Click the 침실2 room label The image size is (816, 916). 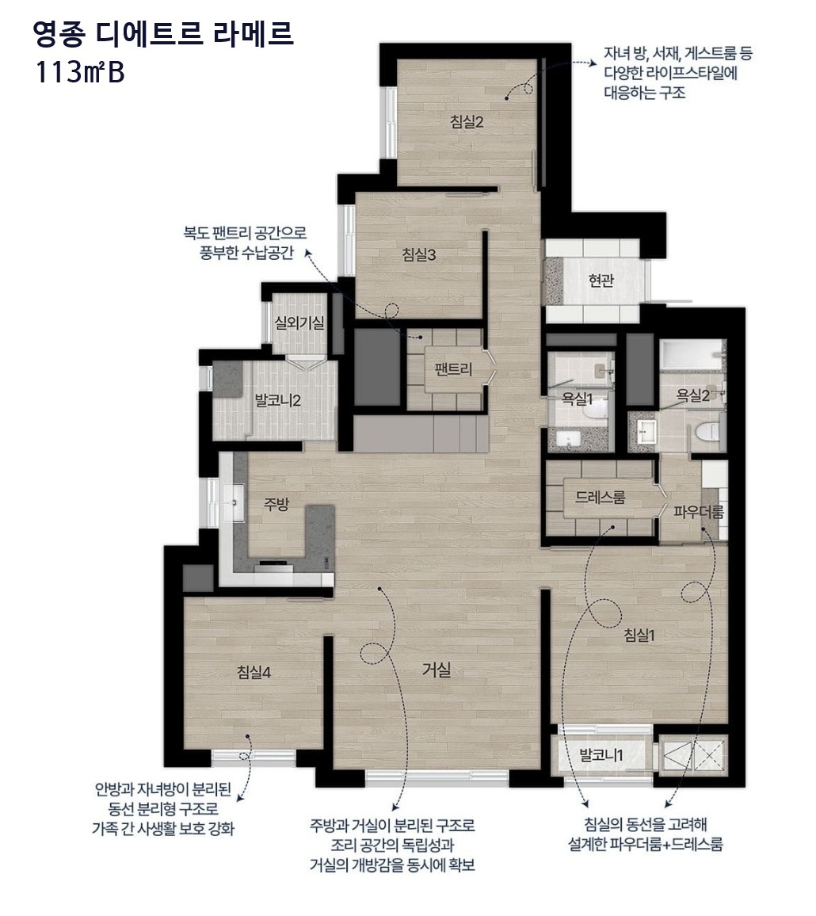tap(467, 122)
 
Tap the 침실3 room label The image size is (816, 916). tap(419, 254)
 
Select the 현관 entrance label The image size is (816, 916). tap(601, 281)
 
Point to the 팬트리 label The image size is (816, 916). tap(453, 369)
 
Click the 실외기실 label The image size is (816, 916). tap(299, 323)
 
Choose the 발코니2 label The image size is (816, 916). tap(277, 401)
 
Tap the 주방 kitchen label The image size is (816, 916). tap(276, 504)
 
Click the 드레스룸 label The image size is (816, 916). tap(600, 497)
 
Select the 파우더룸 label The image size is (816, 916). tap(699, 513)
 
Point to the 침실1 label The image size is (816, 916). tap(639, 635)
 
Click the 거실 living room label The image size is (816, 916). tap(437, 670)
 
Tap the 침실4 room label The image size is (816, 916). tap(254, 673)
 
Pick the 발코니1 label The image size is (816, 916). tap(601, 755)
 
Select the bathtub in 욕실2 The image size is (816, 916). tap(692, 355)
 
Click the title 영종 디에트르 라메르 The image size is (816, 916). tap(163, 34)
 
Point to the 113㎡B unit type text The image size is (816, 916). tap(80, 73)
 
